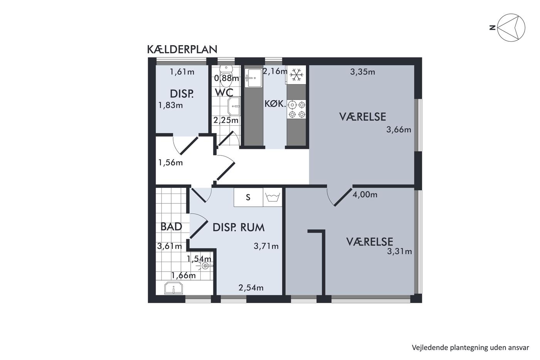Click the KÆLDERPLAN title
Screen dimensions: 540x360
point(182,49)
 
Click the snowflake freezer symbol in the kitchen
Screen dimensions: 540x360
point(296,74)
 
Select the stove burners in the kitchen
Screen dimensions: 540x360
point(296,110)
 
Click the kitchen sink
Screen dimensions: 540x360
point(253,78)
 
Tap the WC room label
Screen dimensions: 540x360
point(224,93)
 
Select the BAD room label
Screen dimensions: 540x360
point(171,226)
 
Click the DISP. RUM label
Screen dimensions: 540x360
point(238,227)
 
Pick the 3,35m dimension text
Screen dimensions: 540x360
point(363,72)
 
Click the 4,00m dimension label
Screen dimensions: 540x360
point(365,194)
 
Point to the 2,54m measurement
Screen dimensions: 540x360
point(251,288)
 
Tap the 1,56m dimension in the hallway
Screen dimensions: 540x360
point(170,162)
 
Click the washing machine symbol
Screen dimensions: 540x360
point(273,197)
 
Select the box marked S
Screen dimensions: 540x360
point(248,197)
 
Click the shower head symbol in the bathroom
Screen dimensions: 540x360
point(204,266)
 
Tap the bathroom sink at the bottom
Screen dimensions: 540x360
point(174,288)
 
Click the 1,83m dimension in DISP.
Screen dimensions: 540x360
point(170,105)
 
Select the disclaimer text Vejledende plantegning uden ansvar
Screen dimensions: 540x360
point(470,348)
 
